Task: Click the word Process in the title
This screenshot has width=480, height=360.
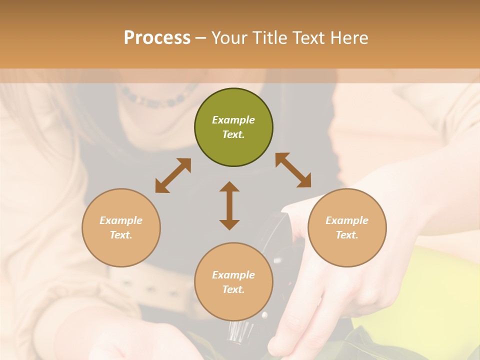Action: click(157, 38)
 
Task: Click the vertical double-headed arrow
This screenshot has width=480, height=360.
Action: click(229, 205)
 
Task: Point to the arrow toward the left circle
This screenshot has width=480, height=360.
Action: click(173, 175)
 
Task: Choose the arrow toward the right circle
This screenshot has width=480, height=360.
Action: click(293, 170)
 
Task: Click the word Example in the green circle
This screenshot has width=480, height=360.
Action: click(233, 120)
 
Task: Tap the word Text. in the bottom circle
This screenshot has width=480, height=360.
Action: click(233, 289)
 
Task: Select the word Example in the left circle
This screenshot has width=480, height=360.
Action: click(121, 220)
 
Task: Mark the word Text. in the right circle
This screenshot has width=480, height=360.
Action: click(347, 235)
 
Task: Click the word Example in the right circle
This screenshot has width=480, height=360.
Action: click(347, 220)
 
